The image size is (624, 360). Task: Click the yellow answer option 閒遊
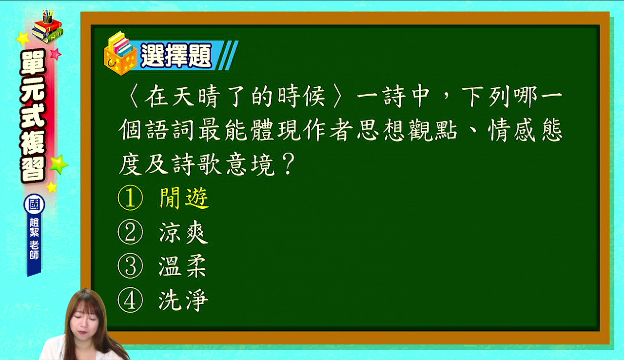pos(184,198)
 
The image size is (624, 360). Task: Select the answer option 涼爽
pos(184,232)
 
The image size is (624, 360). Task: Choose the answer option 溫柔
pos(183,267)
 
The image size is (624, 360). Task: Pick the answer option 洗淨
pos(183,300)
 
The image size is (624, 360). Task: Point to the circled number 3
pos(130,266)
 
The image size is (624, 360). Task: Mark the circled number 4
pos(130,300)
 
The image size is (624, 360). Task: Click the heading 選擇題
pos(176,56)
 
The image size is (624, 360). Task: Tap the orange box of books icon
pos(120,54)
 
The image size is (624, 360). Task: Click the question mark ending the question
pos(289,164)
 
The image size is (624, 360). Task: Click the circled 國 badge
pos(34,204)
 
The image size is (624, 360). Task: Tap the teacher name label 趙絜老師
pos(34,239)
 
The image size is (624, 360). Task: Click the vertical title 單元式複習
pos(33,116)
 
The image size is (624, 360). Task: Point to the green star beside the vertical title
pos(58,164)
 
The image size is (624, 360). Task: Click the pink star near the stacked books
pos(56,54)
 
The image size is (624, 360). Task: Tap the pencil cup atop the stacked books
pos(48,17)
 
